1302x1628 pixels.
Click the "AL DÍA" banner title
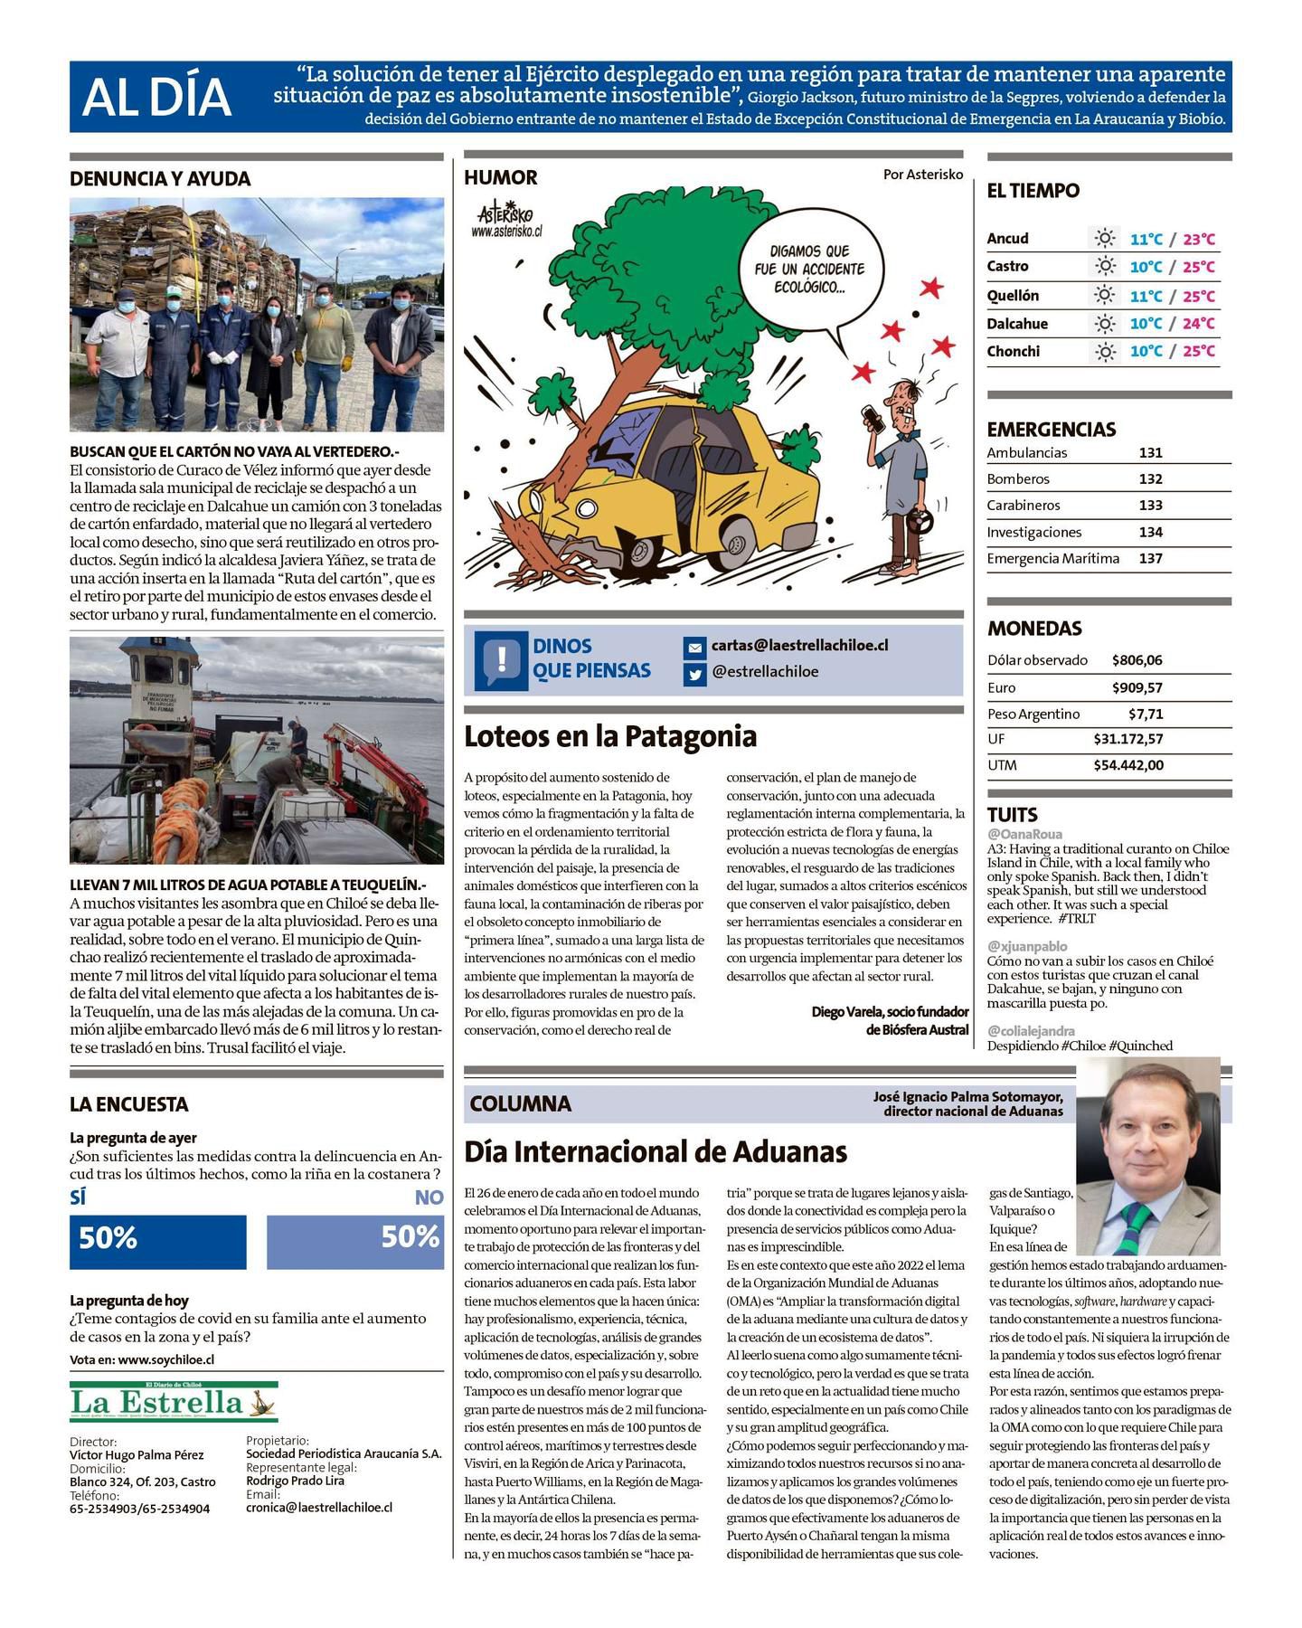coord(156,98)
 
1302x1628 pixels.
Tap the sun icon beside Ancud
coord(1104,239)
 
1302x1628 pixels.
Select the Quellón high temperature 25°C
coord(1199,296)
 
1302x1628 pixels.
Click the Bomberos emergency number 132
coord(1150,478)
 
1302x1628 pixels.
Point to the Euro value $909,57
coord(1137,687)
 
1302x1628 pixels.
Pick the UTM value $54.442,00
coord(1128,765)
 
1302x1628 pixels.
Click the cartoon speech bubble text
coord(809,269)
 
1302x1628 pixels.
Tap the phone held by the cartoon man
coord(873,418)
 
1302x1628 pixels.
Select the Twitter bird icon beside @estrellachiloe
coord(694,674)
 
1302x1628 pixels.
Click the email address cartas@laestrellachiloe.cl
coord(799,645)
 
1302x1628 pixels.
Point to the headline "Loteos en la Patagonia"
coord(610,736)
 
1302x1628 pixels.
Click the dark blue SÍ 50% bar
coord(157,1240)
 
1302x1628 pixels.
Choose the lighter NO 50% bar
coord(355,1240)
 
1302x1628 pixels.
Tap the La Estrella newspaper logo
coord(174,1403)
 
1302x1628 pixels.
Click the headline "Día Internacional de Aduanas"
coord(656,1151)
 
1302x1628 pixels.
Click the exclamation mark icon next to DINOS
coord(500,658)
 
